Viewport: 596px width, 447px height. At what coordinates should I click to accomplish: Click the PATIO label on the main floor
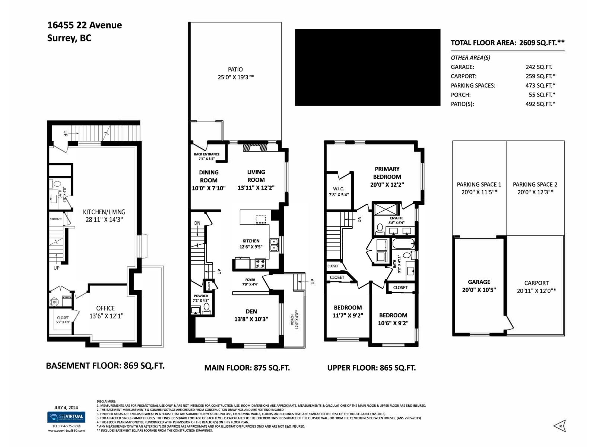[235, 70]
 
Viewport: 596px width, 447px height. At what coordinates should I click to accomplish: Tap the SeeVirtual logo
[66, 417]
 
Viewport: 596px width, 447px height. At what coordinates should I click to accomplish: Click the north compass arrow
[560, 425]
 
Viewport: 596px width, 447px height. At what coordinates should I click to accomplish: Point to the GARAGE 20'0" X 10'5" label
[479, 286]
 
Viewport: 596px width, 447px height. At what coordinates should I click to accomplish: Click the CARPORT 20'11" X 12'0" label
[536, 287]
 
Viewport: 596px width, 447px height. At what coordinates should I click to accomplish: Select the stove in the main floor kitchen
[260, 264]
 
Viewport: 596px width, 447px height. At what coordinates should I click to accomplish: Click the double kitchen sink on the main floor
[274, 244]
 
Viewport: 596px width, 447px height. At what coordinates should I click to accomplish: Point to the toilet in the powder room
[207, 307]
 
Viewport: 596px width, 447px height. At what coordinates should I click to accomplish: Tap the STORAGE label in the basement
[56, 219]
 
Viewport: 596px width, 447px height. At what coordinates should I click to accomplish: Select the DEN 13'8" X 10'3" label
[251, 315]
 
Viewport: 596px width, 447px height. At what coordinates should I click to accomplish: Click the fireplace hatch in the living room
[255, 148]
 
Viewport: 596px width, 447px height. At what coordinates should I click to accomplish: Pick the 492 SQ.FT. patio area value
[540, 104]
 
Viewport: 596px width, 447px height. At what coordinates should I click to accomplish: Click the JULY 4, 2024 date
[66, 408]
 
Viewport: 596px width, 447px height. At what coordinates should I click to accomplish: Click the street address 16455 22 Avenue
[85, 25]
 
